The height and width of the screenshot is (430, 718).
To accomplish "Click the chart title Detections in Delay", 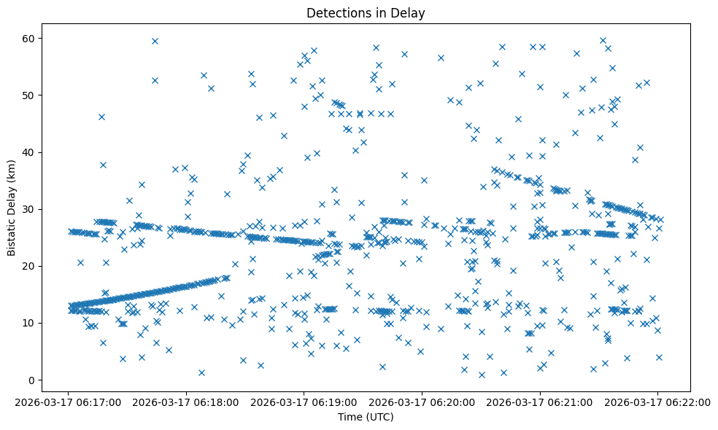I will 366,13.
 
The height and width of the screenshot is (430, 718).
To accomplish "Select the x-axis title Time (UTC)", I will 366,417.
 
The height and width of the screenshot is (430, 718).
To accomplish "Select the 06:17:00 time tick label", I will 68,401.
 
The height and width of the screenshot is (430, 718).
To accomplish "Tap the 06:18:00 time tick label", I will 186,401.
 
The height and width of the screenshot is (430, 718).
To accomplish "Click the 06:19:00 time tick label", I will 304,401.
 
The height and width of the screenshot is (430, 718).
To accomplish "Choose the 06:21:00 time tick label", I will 540,401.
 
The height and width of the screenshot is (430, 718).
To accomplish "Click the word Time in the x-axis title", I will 349,417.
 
